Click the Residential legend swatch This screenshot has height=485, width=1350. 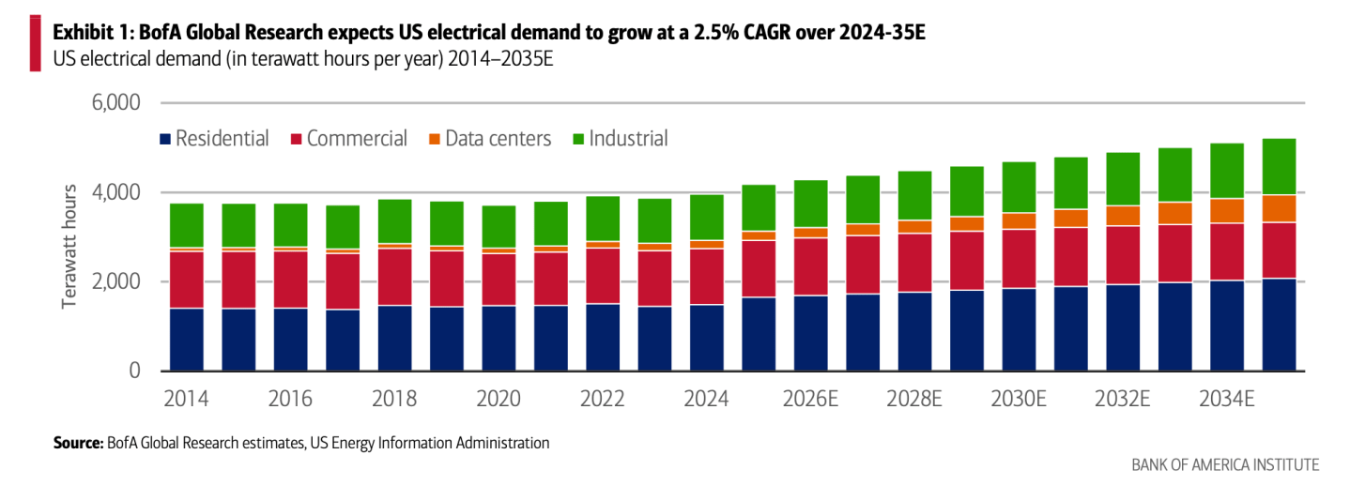[165, 139]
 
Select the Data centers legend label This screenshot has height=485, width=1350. [498, 139]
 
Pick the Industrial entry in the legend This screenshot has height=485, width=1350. [620, 139]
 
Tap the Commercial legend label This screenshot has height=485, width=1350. [357, 139]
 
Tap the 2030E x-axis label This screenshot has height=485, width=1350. [1019, 398]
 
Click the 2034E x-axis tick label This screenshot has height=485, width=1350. [1226, 398]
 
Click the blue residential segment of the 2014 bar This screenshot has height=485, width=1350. [187, 340]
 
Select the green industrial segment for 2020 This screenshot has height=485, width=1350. [499, 226]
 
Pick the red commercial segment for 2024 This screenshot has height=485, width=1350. [706, 276]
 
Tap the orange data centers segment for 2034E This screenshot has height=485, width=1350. [1226, 211]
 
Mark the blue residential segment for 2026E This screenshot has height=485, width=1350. [810, 333]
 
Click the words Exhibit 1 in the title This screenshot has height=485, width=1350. [91, 32]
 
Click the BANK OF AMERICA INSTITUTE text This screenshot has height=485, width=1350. [1225, 464]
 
